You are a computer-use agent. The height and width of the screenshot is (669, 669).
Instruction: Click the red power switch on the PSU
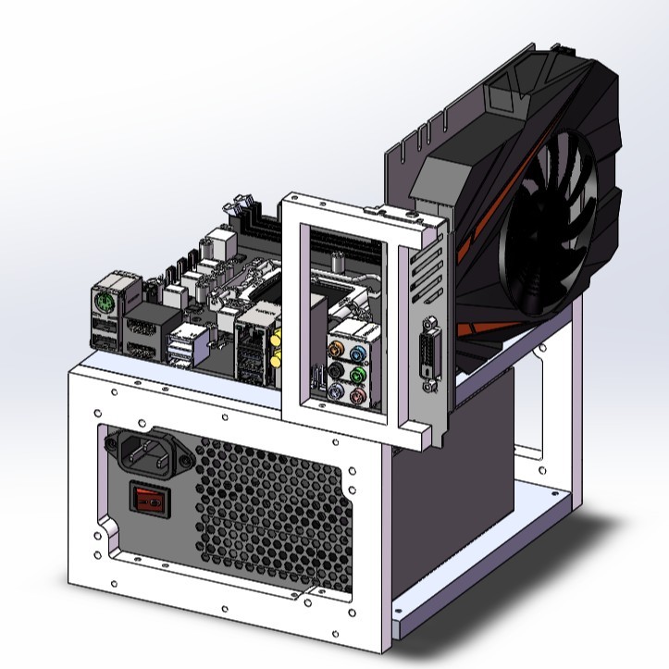pos(151,501)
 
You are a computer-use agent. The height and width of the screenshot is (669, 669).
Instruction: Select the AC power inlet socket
pos(148,452)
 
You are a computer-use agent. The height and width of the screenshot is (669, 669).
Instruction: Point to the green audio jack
pos(357,375)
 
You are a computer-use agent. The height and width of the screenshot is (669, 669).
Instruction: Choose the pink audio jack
pos(357,396)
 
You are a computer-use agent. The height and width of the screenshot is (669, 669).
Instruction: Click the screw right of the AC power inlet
pos(188,454)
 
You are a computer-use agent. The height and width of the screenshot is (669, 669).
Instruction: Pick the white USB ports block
pos(182,350)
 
